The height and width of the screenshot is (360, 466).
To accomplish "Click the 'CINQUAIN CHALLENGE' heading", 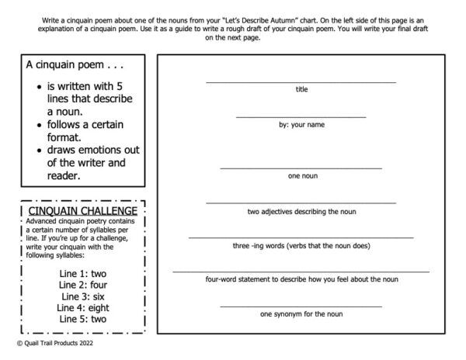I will click(x=82, y=210).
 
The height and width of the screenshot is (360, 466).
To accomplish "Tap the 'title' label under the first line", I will click(x=301, y=89).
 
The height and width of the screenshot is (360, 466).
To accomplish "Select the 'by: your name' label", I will click(x=301, y=125).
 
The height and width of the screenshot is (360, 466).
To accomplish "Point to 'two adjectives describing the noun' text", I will click(x=301, y=211).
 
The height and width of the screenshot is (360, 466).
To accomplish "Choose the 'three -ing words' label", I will click(x=301, y=246).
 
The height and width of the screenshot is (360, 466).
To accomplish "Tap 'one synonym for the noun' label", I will click(x=301, y=314).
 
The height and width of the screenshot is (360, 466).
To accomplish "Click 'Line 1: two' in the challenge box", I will click(x=82, y=274).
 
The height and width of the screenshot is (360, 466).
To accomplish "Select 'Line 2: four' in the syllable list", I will click(x=82, y=285).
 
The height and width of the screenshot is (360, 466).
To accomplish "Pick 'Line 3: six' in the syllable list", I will click(x=82, y=296).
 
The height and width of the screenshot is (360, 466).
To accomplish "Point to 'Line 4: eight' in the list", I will click(x=82, y=307).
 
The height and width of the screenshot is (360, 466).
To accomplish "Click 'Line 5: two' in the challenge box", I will click(x=82, y=319).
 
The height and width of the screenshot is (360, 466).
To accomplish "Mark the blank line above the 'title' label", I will click(x=301, y=81).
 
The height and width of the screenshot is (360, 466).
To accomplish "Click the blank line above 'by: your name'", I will click(x=301, y=117).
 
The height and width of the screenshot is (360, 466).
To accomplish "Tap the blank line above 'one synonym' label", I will click(x=301, y=306).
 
